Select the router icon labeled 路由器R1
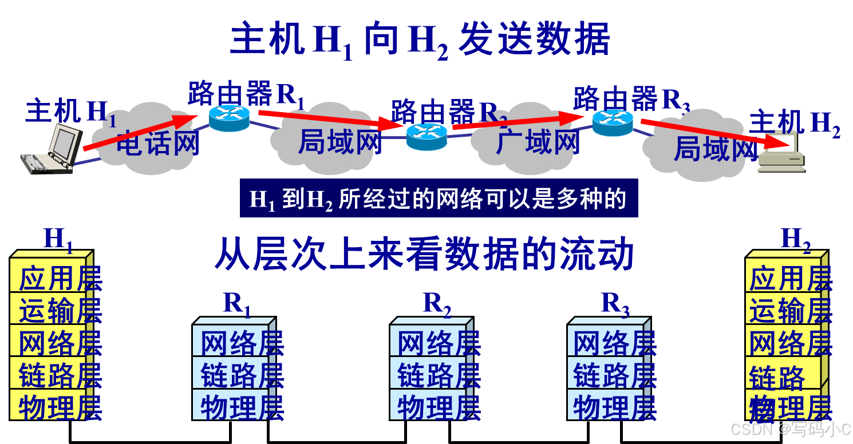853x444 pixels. [x=229, y=118]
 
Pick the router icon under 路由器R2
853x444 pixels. [x=426, y=136]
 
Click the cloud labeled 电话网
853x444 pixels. [x=157, y=140]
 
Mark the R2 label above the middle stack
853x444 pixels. [x=437, y=304]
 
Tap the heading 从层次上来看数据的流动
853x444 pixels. [x=424, y=255]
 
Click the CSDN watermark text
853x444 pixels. [x=790, y=429]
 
